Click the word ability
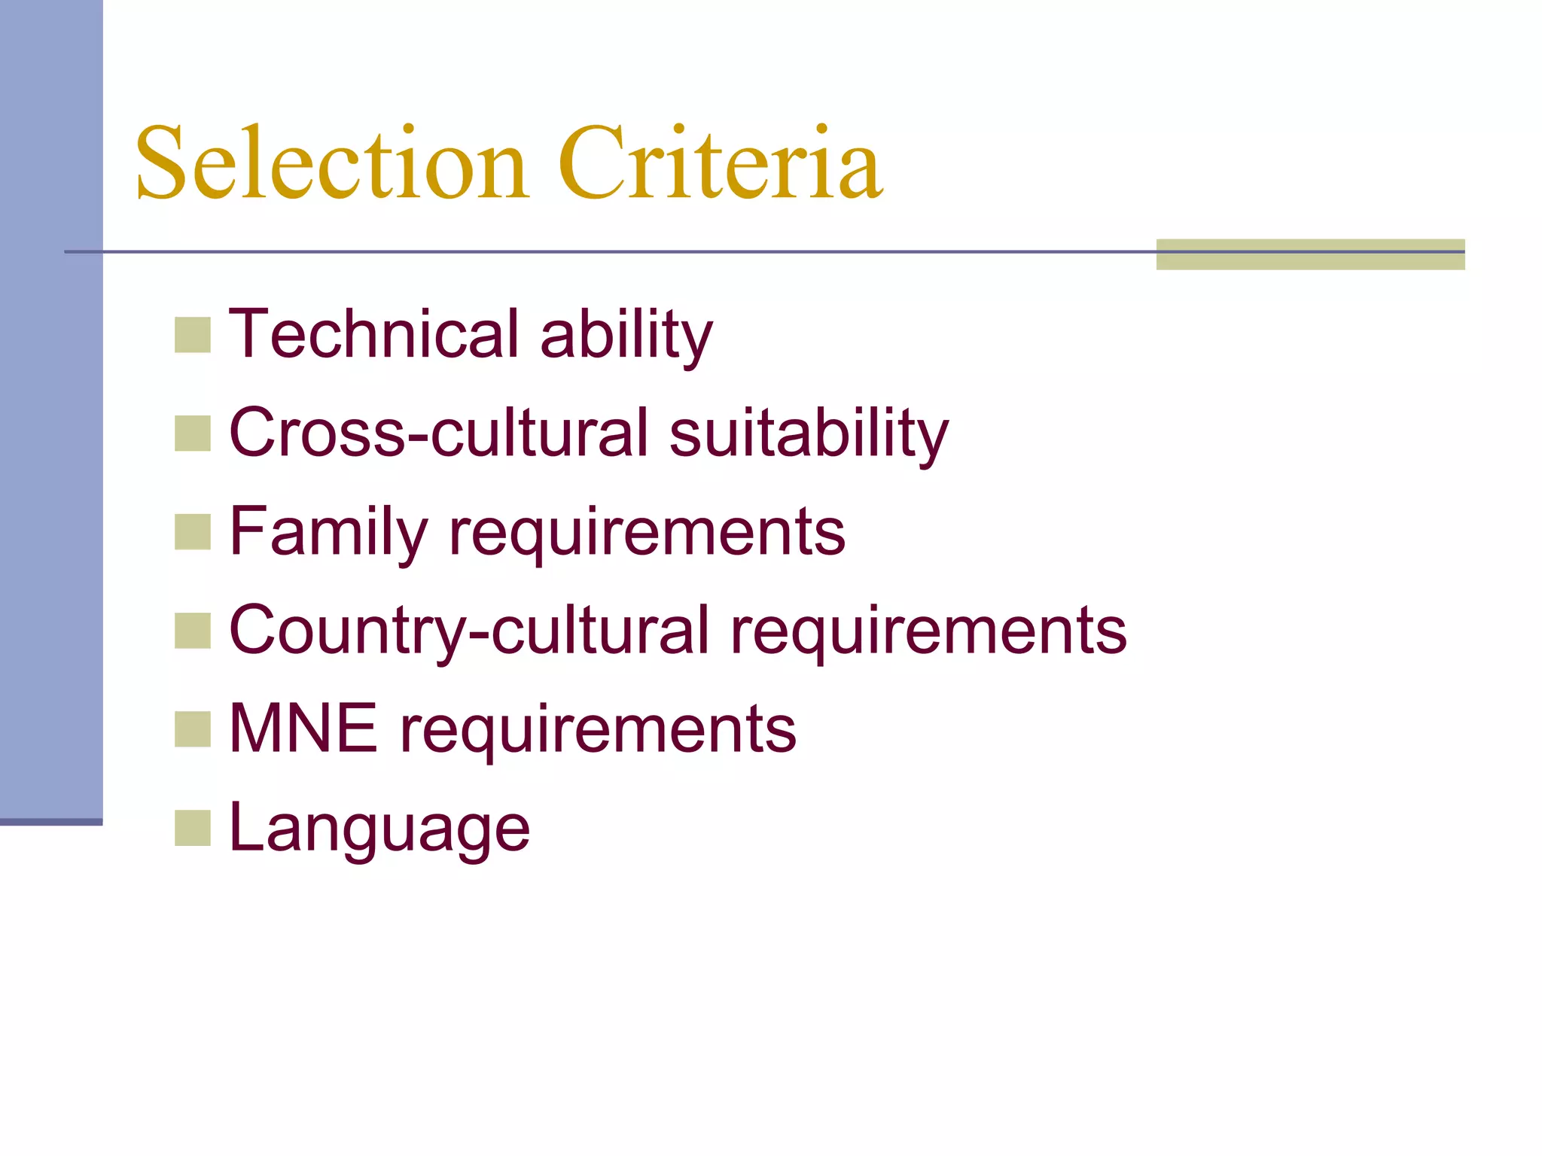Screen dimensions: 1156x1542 tap(626, 335)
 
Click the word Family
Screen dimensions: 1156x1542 tap(328, 533)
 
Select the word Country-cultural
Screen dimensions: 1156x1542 tap(469, 631)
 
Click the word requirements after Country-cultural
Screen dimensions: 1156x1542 tap(928, 632)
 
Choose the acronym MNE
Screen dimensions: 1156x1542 tap(303, 729)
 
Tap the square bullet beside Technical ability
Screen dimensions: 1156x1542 tap(193, 335)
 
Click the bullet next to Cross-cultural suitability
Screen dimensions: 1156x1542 tap(193, 433)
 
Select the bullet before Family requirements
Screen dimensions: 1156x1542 tap(193, 532)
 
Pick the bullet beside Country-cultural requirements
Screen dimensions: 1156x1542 tap(193, 631)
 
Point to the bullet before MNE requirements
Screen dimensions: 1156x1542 tap(193, 729)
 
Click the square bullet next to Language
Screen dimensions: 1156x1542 tap(193, 828)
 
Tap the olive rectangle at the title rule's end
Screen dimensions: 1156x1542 tap(1310, 254)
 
